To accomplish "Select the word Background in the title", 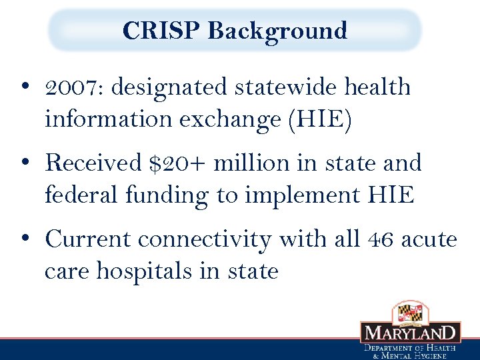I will click(277, 31).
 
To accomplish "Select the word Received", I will click(93, 163).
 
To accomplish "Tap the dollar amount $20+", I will click(176, 163).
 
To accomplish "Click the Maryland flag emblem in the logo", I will click(410, 312).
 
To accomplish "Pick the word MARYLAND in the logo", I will click(410, 333).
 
